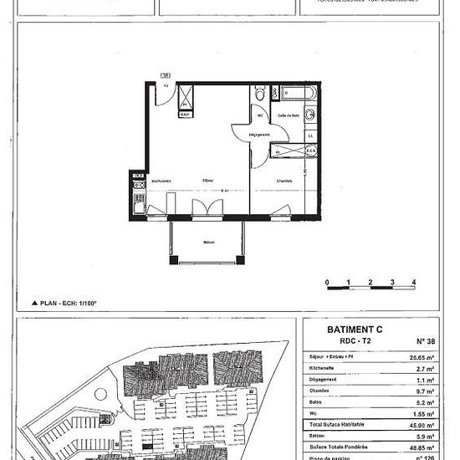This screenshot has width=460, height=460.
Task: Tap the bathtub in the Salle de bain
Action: coord(294,94)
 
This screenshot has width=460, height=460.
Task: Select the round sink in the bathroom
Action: coord(310,114)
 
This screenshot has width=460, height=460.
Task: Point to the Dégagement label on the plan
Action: coord(260,135)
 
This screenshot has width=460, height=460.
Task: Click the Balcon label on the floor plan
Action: coord(208,243)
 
